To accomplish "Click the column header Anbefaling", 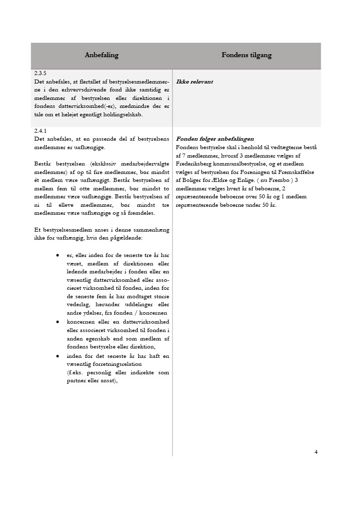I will click(x=101, y=55).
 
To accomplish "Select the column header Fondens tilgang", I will click(x=247, y=55).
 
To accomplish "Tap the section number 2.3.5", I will click(x=41, y=74).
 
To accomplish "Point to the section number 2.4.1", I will click(x=41, y=131).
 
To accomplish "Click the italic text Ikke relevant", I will click(x=194, y=82).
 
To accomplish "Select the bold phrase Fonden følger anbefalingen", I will click(x=215, y=139).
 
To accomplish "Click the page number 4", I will click(x=316, y=452).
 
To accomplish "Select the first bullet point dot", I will click(x=58, y=255).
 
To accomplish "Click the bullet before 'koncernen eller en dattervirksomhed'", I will click(x=58, y=322).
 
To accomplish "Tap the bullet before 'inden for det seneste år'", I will click(x=58, y=356).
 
